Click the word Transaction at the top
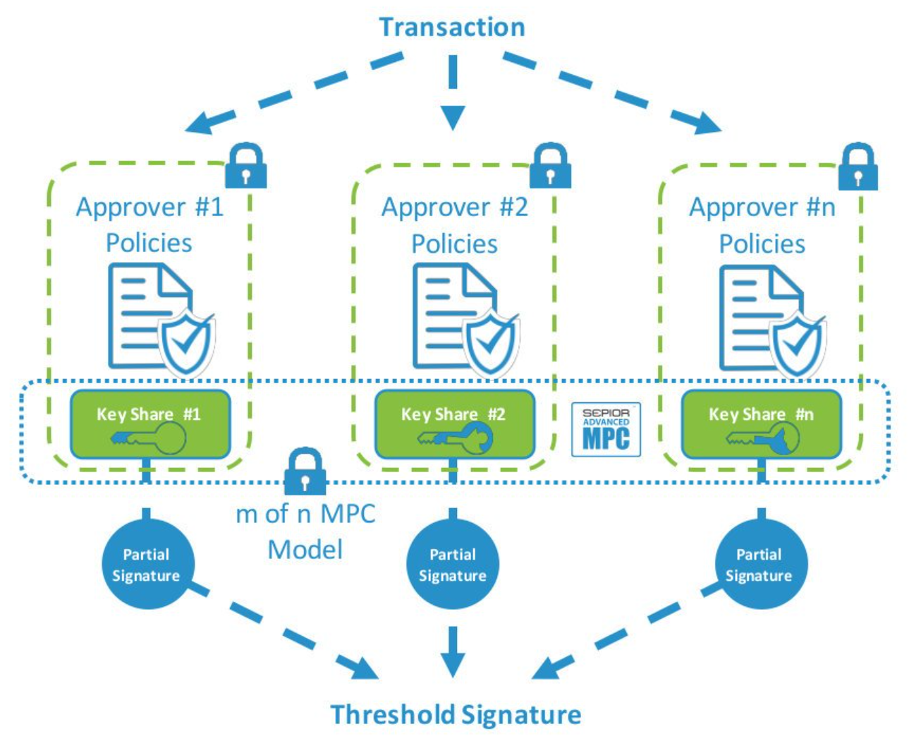point(452,28)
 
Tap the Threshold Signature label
point(456,714)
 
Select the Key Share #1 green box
point(150,424)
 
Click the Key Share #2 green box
point(454,424)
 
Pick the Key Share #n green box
point(761,424)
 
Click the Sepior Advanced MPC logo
point(606,429)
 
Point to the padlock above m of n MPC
point(305,471)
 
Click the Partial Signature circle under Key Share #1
point(146,565)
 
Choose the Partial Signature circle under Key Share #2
point(453,565)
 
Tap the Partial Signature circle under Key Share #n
point(760,565)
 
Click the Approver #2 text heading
point(454,207)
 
